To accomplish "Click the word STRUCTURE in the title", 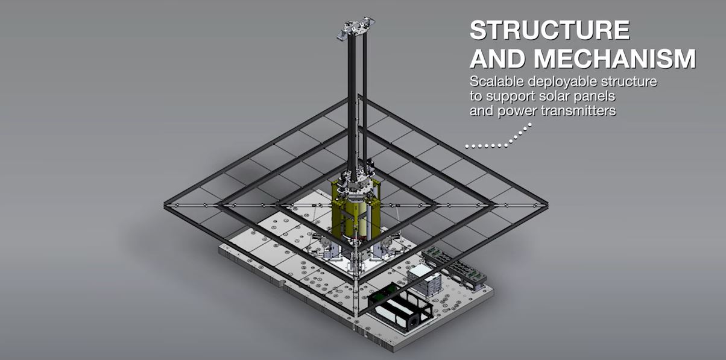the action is coord(550,30).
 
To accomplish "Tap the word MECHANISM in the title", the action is coord(615,58).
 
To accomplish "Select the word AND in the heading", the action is coord(498,58).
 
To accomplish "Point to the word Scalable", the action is coord(497,81).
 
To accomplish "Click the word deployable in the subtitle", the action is coord(563,82).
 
